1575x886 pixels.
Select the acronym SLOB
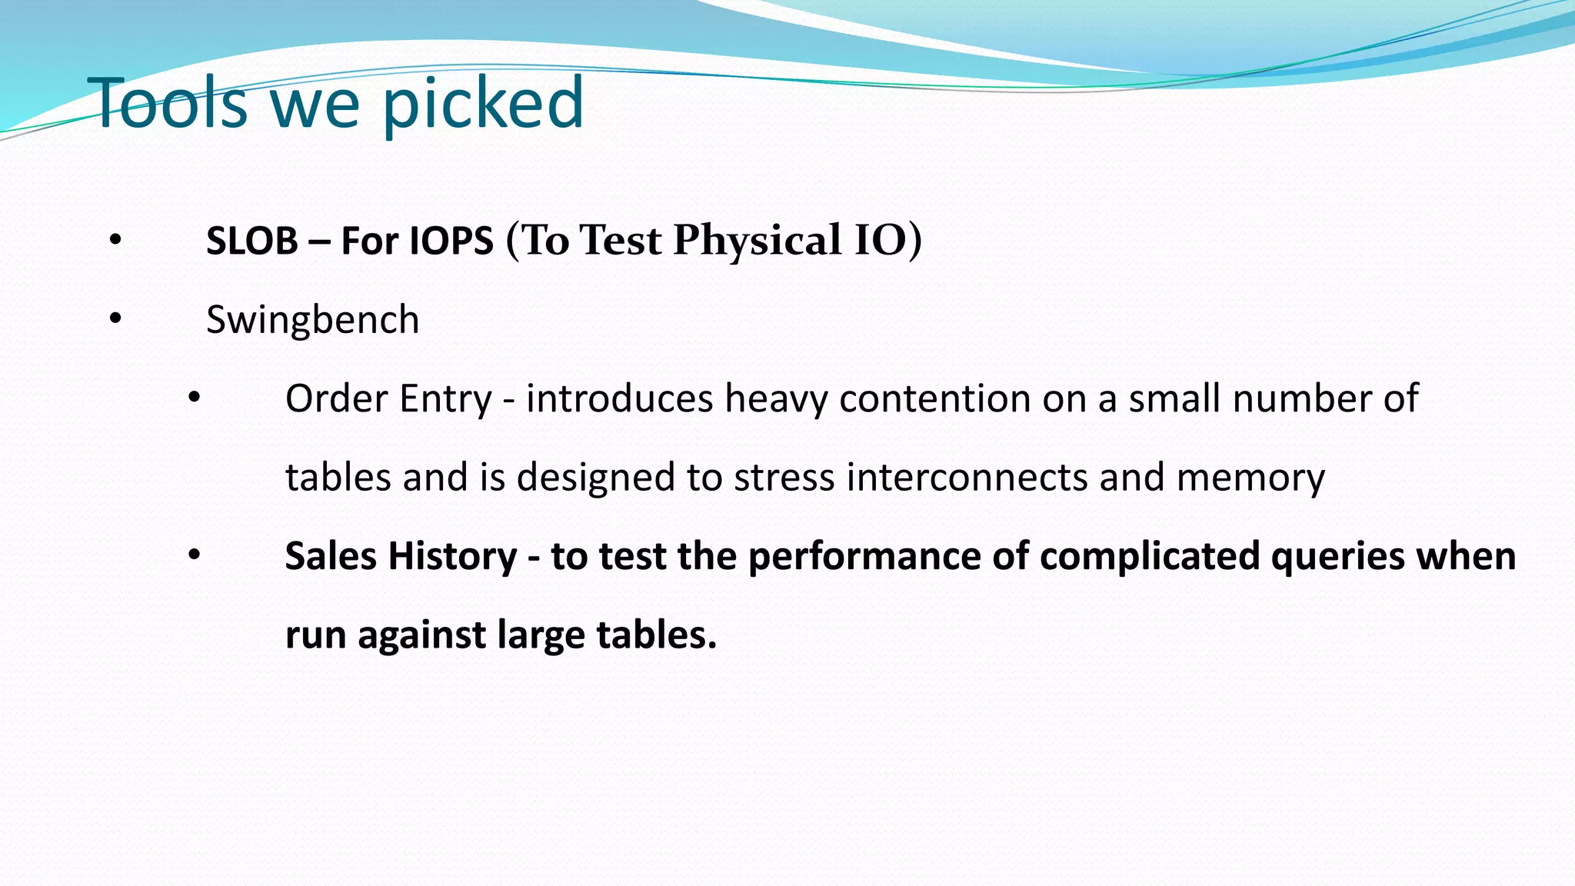pyautogui.click(x=251, y=241)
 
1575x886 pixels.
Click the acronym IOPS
pyautogui.click(x=451, y=241)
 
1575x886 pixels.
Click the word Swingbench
pyautogui.click(x=312, y=320)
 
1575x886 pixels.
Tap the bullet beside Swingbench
pyautogui.click(x=115, y=318)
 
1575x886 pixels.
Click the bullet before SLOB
pyautogui.click(x=115, y=240)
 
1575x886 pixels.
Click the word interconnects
pyautogui.click(x=967, y=478)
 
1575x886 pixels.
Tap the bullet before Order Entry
pyautogui.click(x=195, y=398)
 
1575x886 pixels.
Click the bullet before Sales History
pyautogui.click(x=195, y=555)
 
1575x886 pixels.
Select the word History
pyautogui.click(x=452, y=557)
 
